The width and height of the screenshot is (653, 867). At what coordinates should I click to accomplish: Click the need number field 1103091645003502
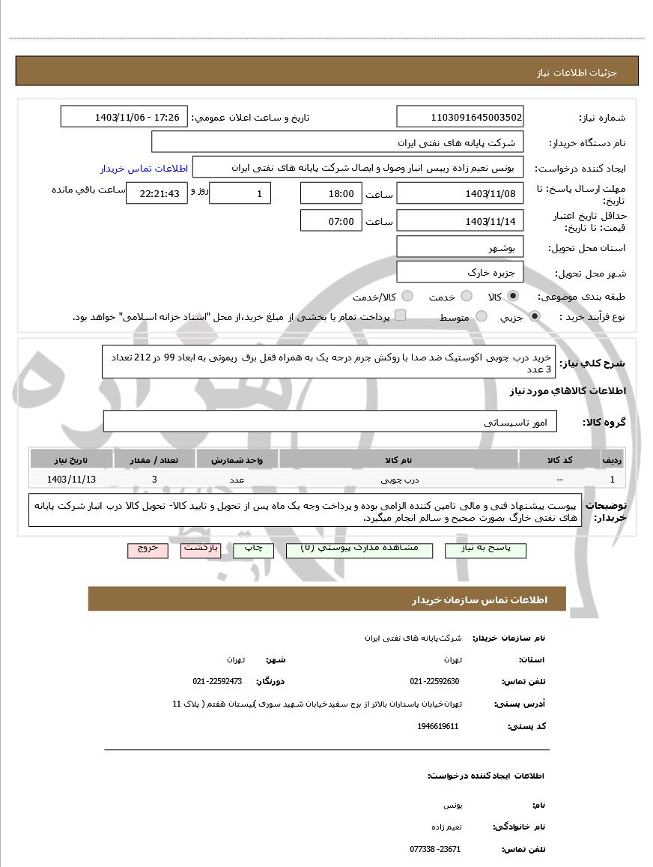click(460, 118)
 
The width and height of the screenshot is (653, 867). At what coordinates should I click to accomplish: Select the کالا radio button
click(512, 297)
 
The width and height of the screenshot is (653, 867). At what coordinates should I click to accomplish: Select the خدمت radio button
click(466, 297)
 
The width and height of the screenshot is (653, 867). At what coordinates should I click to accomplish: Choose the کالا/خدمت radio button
click(408, 297)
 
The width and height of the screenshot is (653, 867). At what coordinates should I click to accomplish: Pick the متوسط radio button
click(482, 317)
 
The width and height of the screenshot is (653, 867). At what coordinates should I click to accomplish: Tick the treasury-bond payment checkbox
click(401, 316)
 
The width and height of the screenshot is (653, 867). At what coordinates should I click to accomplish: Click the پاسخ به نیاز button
click(485, 549)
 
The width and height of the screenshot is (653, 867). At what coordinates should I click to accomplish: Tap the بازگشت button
click(201, 549)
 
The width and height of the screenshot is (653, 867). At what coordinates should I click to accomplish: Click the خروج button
click(148, 549)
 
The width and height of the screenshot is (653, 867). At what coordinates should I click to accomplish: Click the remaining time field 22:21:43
click(154, 193)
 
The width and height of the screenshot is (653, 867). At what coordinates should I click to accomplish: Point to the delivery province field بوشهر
click(460, 247)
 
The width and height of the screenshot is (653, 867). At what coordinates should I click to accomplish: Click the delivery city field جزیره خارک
click(460, 273)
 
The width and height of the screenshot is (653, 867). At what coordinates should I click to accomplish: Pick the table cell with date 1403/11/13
click(71, 479)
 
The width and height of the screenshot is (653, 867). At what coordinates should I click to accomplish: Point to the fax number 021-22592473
click(217, 681)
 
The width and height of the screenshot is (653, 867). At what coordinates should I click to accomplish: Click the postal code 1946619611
click(438, 726)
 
